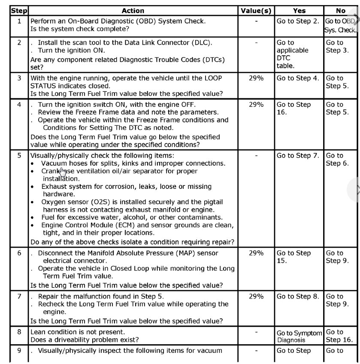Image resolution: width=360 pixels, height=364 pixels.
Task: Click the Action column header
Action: coord(133,11)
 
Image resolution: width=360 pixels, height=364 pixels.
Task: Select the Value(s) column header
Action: coord(256,11)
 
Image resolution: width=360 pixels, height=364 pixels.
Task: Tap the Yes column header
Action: coord(299,11)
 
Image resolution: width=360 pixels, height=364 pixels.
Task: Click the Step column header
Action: coord(19,11)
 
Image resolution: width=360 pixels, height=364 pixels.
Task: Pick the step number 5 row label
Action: coord(19,155)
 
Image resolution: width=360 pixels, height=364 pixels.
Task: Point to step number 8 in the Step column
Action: coord(19,332)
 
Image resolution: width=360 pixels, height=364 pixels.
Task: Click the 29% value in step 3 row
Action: coord(256,78)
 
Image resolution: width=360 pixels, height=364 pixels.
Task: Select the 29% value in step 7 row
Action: coord(256,296)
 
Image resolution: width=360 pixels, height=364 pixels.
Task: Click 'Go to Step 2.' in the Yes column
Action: coord(298,21)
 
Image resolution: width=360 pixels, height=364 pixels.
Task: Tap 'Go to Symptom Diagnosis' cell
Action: coord(299,336)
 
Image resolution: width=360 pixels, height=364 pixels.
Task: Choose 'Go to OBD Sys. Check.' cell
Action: coord(340,25)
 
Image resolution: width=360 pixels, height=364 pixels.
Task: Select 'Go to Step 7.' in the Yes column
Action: coord(298,155)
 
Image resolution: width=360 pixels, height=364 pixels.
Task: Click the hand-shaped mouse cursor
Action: coord(63,172)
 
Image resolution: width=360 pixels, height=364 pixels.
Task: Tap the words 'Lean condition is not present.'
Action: coord(78,332)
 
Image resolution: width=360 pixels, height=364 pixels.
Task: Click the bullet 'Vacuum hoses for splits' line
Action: coord(133,163)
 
